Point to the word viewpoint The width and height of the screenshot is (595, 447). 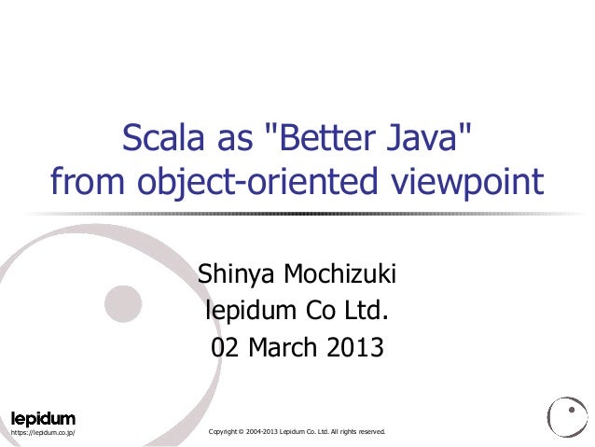click(470, 181)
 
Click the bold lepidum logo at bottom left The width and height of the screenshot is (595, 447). click(42, 417)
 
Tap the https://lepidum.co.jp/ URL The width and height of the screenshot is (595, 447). click(43, 434)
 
